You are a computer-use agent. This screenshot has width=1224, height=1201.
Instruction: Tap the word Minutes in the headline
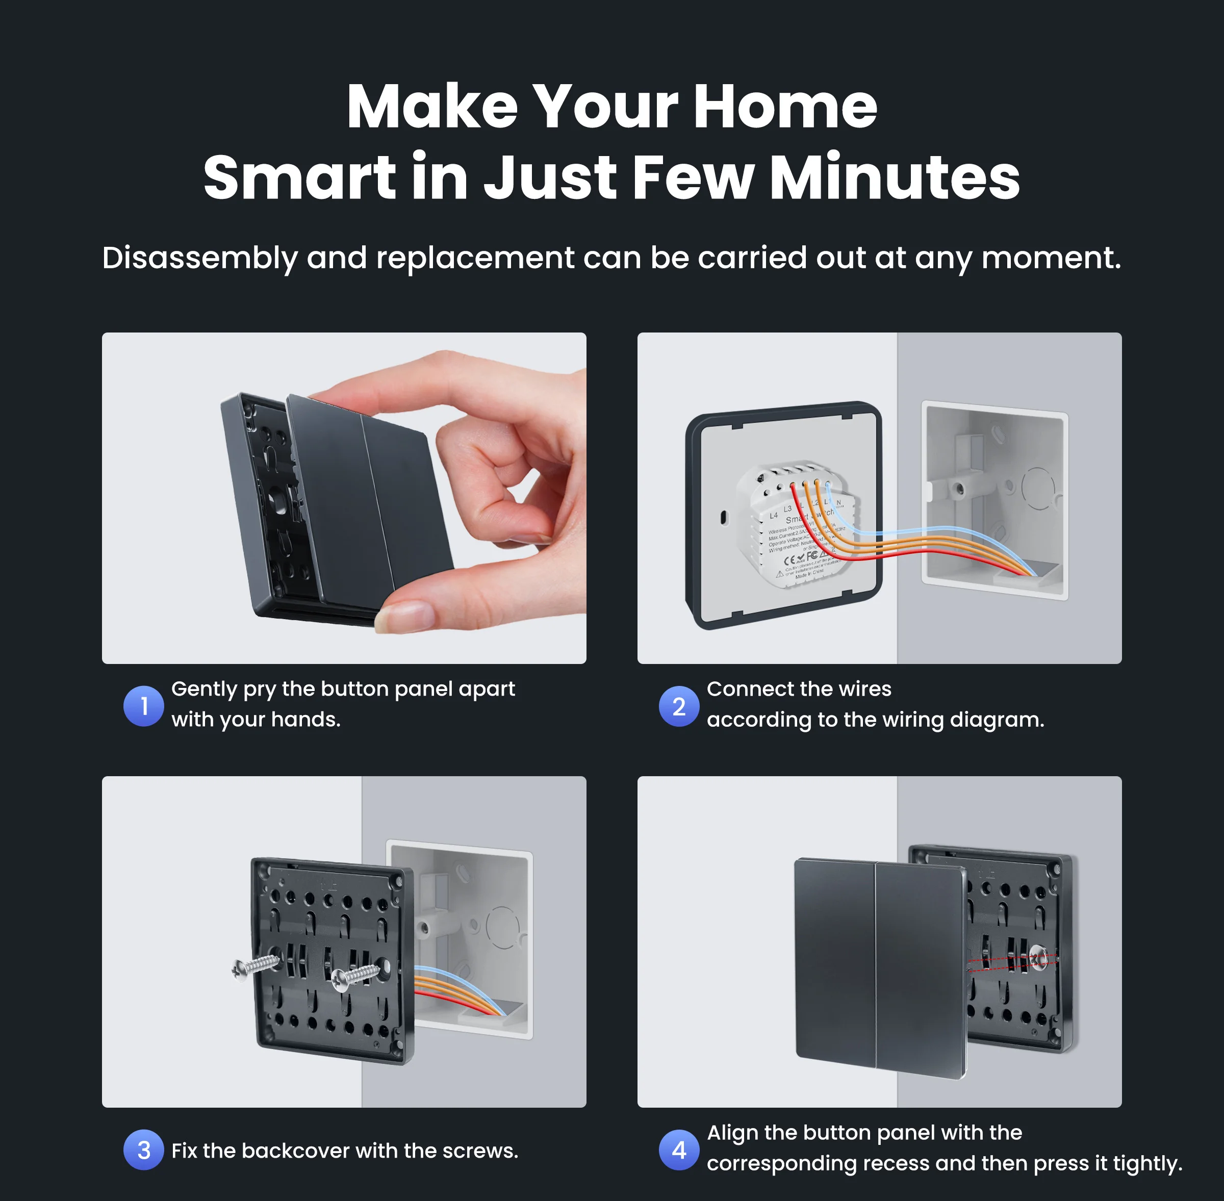pos(894,178)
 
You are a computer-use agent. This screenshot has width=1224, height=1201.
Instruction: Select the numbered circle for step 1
pos(144,706)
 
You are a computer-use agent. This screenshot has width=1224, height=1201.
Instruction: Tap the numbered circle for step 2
pos(679,706)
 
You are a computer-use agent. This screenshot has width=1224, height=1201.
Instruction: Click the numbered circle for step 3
pos(144,1150)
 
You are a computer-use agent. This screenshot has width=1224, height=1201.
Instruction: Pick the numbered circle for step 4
pos(679,1150)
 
